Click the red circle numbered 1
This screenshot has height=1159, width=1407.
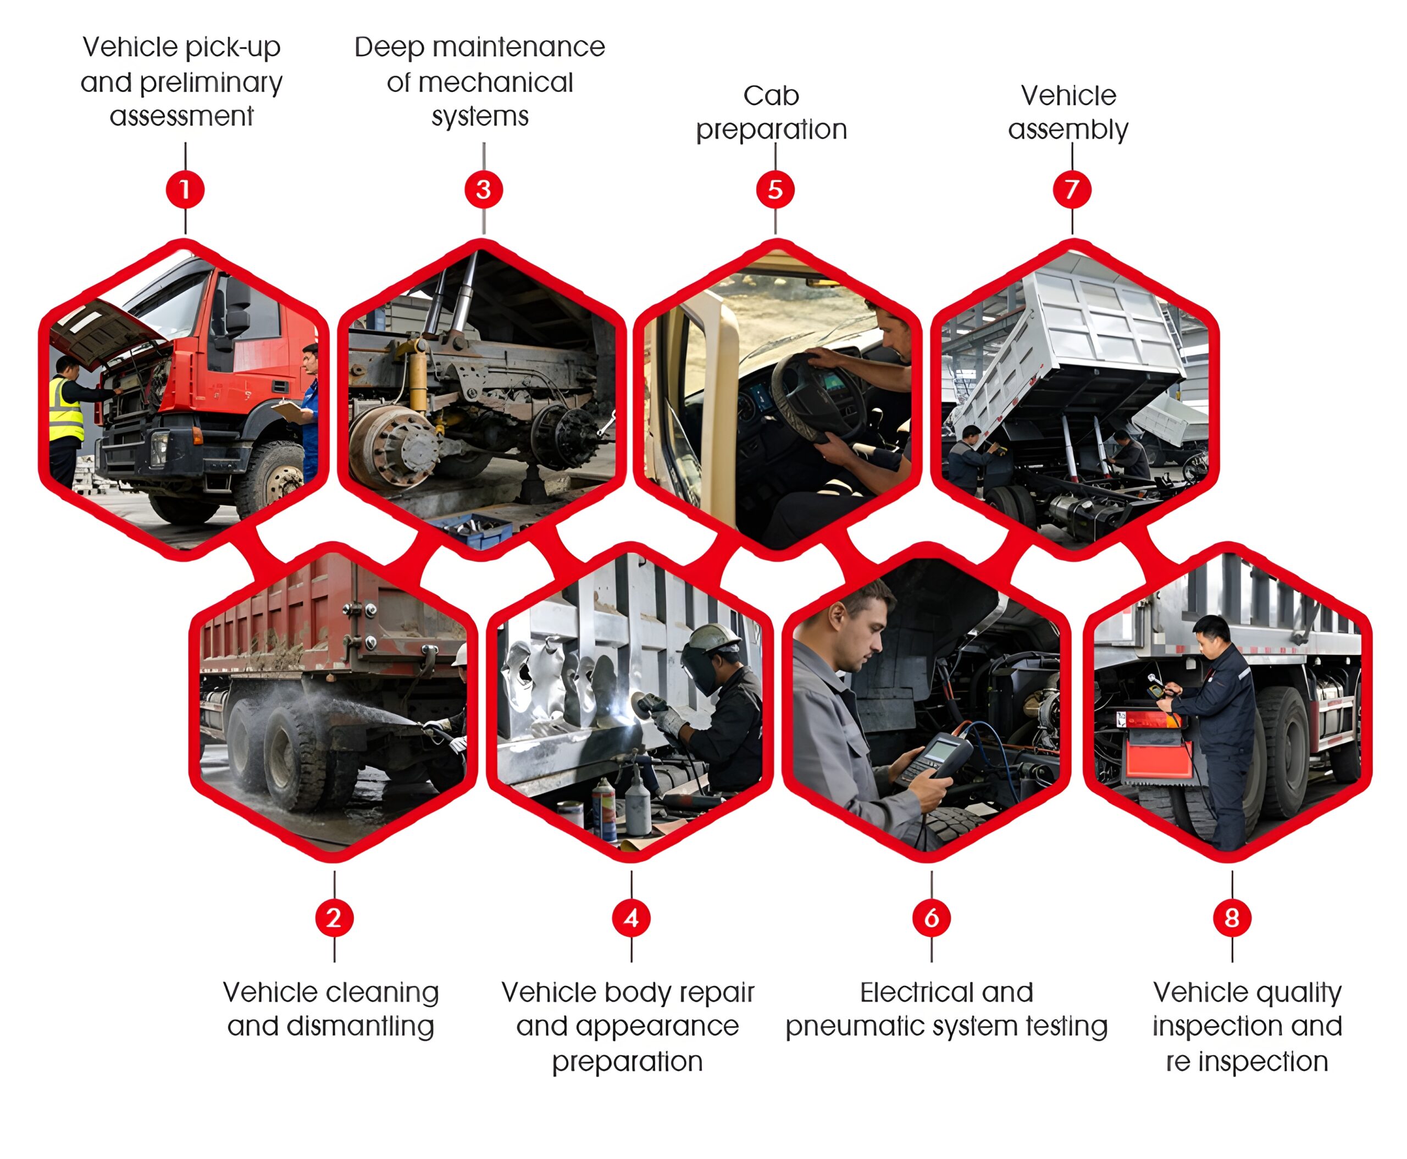coord(185,190)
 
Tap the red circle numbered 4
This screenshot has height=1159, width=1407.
coord(631,918)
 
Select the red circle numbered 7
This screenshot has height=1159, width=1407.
coord(1072,190)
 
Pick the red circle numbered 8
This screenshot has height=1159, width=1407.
coord(1232,918)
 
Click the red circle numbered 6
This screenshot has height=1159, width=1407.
coord(932,918)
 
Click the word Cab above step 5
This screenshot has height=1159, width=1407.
coord(771,96)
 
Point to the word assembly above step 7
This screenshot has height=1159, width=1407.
coord(1068,130)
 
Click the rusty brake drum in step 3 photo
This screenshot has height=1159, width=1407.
coord(392,446)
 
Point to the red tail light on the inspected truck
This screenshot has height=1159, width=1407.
coord(1148,720)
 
